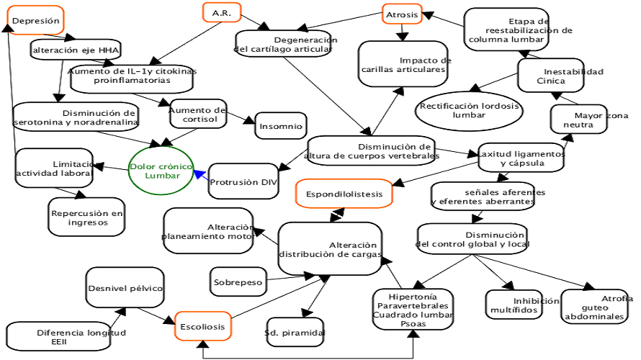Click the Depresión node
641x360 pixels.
36,21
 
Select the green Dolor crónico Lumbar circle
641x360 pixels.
162,171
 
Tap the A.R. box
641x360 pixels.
221,13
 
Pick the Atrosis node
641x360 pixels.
401,14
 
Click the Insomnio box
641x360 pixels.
281,126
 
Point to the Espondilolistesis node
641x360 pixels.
344,194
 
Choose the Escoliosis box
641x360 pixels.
202,326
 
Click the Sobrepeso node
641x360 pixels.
238,282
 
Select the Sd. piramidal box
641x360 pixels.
295,332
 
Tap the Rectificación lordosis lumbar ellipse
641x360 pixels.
469,110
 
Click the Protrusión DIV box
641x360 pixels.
243,183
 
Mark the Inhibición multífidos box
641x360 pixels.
514,305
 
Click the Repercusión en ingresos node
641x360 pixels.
87,217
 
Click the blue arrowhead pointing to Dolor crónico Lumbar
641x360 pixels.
199,174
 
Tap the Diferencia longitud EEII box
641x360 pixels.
59,337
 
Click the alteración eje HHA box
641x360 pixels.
76,50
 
